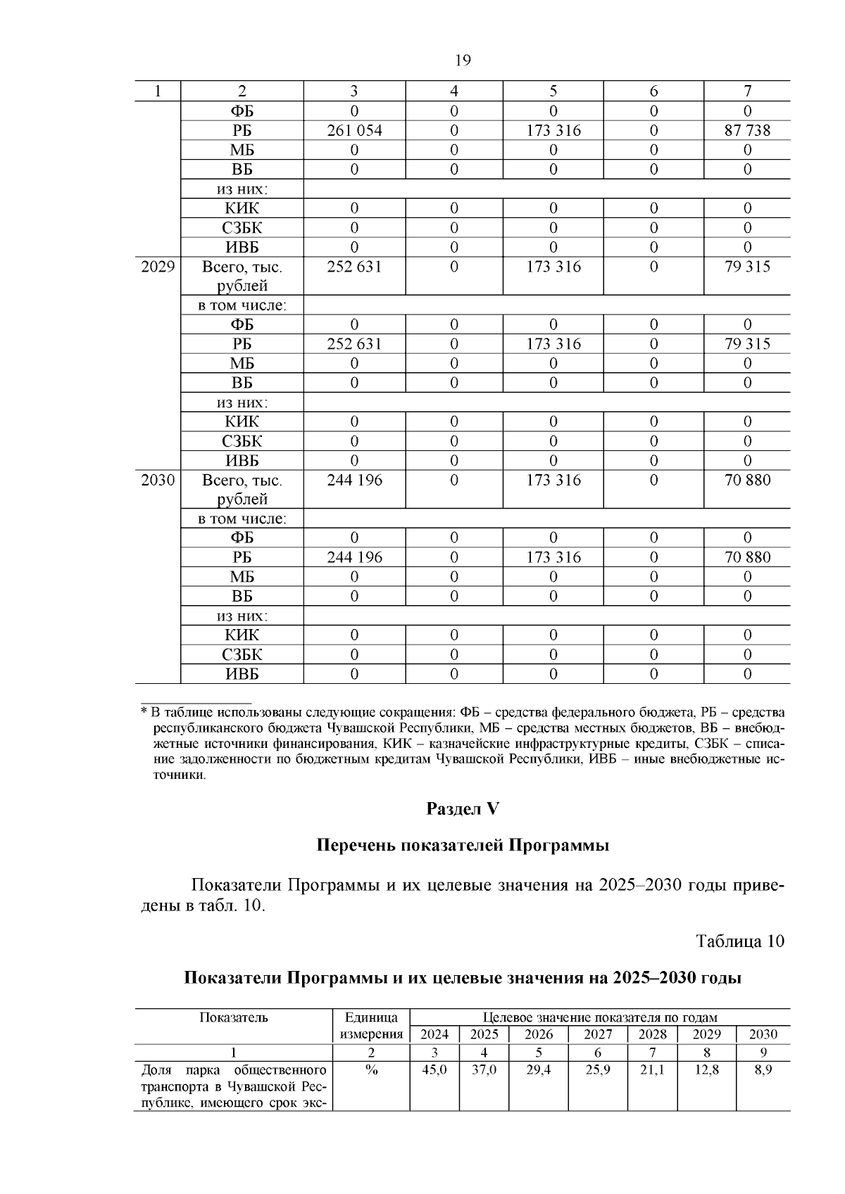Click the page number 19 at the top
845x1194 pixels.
tap(463, 61)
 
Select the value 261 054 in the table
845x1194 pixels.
tap(354, 131)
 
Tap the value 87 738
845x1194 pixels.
tap(747, 131)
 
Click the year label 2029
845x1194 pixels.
tap(158, 267)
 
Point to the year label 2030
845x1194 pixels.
tap(158, 480)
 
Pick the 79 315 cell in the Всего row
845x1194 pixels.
tap(747, 267)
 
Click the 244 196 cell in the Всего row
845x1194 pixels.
tap(354, 480)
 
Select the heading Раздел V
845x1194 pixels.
tap(462, 809)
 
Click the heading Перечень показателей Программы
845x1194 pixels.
tap(462, 845)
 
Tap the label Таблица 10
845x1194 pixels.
tap(739, 941)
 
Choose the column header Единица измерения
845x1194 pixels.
tap(371, 1026)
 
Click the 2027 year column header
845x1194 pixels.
tap(598, 1034)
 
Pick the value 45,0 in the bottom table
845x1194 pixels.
tap(434, 1070)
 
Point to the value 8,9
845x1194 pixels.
tap(763, 1070)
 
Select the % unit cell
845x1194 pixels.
tap(371, 1070)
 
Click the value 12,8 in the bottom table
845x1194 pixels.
tap(706, 1070)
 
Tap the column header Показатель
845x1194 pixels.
tap(234, 1017)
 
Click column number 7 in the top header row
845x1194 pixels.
tap(747, 91)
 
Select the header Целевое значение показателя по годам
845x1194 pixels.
tap(600, 1017)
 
